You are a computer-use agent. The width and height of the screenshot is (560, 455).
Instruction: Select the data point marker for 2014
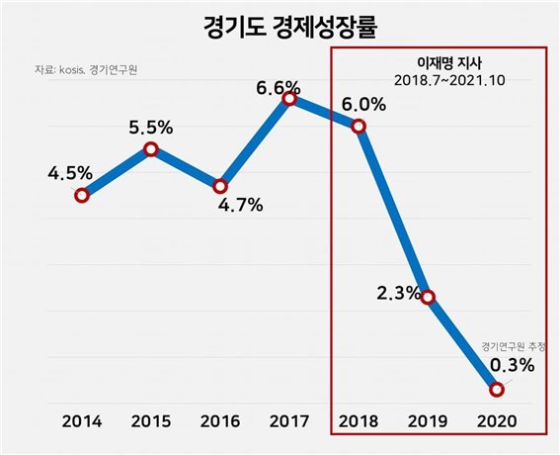click(82, 195)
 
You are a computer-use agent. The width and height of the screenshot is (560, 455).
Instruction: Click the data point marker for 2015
click(151, 149)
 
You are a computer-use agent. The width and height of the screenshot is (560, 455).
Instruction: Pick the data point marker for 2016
click(220, 186)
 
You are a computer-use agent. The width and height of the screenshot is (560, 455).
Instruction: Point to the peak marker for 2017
click(289, 98)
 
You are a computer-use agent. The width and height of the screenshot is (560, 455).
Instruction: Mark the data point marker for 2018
click(359, 126)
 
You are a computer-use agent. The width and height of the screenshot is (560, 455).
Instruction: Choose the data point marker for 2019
click(428, 297)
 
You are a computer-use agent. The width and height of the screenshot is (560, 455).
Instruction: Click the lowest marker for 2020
click(497, 389)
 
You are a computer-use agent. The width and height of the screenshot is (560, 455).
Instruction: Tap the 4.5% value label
click(70, 173)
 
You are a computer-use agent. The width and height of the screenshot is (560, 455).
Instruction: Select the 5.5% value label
click(151, 128)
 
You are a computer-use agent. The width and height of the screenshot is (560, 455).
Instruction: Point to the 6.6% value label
click(279, 88)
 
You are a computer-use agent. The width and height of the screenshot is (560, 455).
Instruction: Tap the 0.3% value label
click(512, 365)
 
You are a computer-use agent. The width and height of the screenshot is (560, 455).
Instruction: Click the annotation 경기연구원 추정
click(514, 346)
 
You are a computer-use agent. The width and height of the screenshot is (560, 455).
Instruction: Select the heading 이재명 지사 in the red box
click(438, 60)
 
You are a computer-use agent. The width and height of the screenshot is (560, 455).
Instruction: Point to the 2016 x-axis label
click(220, 419)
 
